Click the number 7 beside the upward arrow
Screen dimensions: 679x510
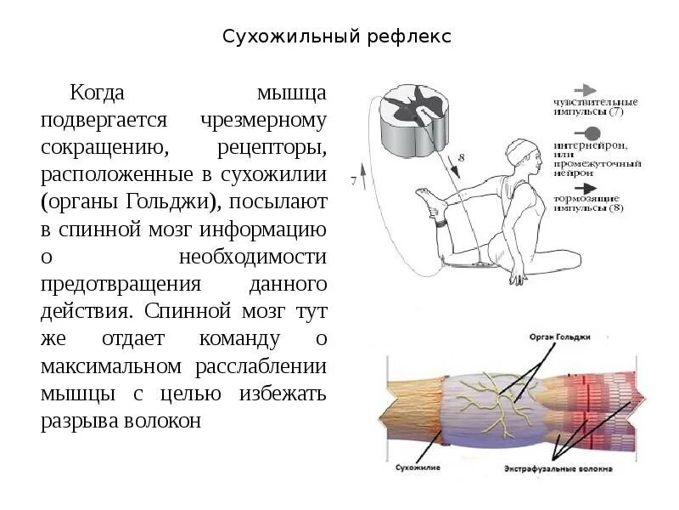pyautogui.click(x=352, y=180)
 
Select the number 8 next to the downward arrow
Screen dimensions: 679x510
pyautogui.click(x=461, y=158)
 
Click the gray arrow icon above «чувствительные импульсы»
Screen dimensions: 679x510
pyautogui.click(x=586, y=89)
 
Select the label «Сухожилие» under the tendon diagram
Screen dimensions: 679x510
pyautogui.click(x=416, y=467)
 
